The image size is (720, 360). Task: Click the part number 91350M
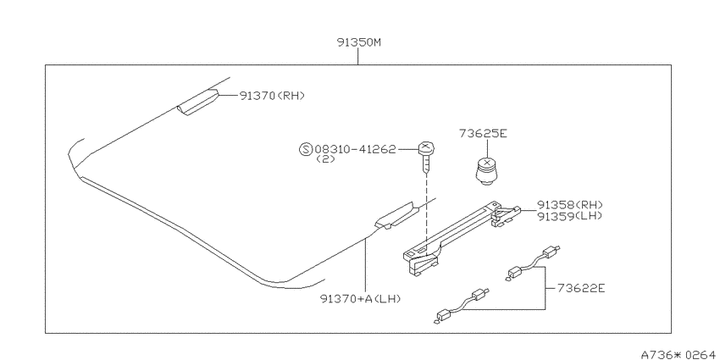coord(358,43)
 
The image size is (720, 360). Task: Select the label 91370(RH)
coord(272,96)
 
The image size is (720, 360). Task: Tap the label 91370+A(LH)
coord(362,298)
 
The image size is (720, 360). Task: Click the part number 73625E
coord(483,134)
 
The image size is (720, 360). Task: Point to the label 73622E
coord(581,288)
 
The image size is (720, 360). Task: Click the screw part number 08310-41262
coord(355,149)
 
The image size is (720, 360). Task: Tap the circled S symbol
coord(305,149)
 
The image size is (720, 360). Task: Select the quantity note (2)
coord(325,159)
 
